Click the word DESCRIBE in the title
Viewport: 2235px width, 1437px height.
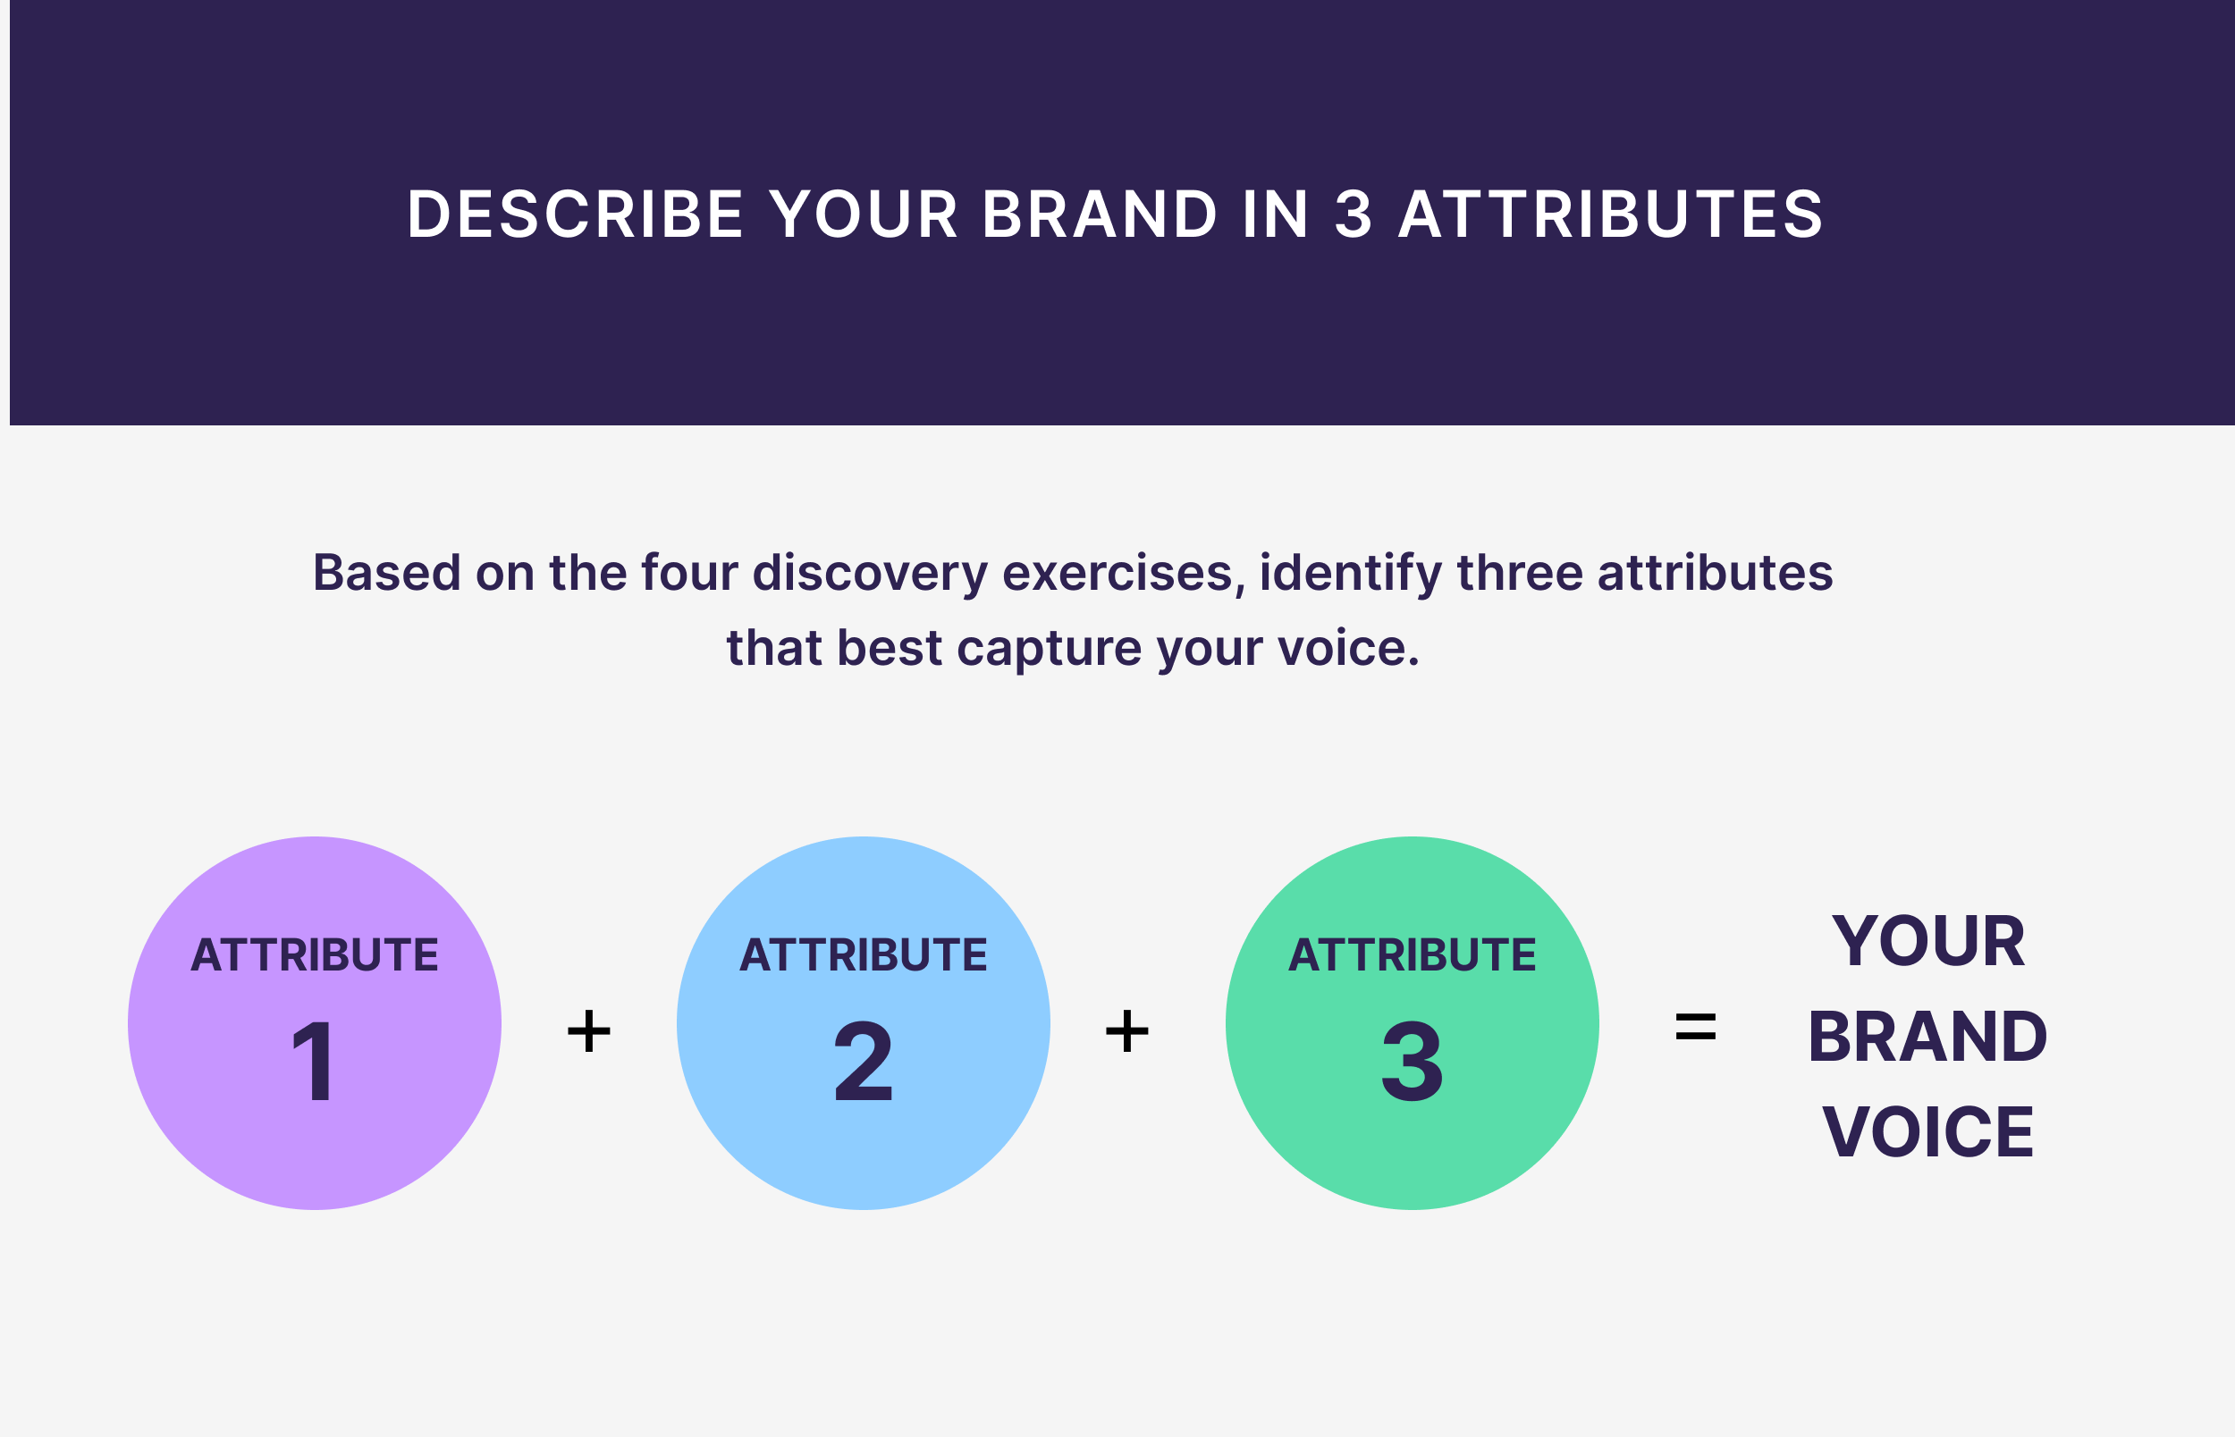575,214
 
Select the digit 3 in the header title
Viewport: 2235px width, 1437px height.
1354,214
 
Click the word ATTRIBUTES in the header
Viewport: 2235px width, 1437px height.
1611,214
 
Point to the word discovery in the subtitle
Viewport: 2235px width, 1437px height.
870,573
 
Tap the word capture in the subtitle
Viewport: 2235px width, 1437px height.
1049,648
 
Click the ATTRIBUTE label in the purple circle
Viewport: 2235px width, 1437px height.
315,955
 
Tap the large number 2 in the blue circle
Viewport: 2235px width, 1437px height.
864,1061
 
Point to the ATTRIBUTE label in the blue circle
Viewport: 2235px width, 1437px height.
864,955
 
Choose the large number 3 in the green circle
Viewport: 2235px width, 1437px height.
1412,1061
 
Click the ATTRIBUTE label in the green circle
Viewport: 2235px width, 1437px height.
1412,955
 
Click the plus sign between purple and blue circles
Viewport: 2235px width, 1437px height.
589,1031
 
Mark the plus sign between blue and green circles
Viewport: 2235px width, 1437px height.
1126,1031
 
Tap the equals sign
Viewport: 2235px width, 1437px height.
1696,1029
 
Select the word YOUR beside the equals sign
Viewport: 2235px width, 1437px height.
1928,942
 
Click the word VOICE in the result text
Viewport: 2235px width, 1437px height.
1928,1133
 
